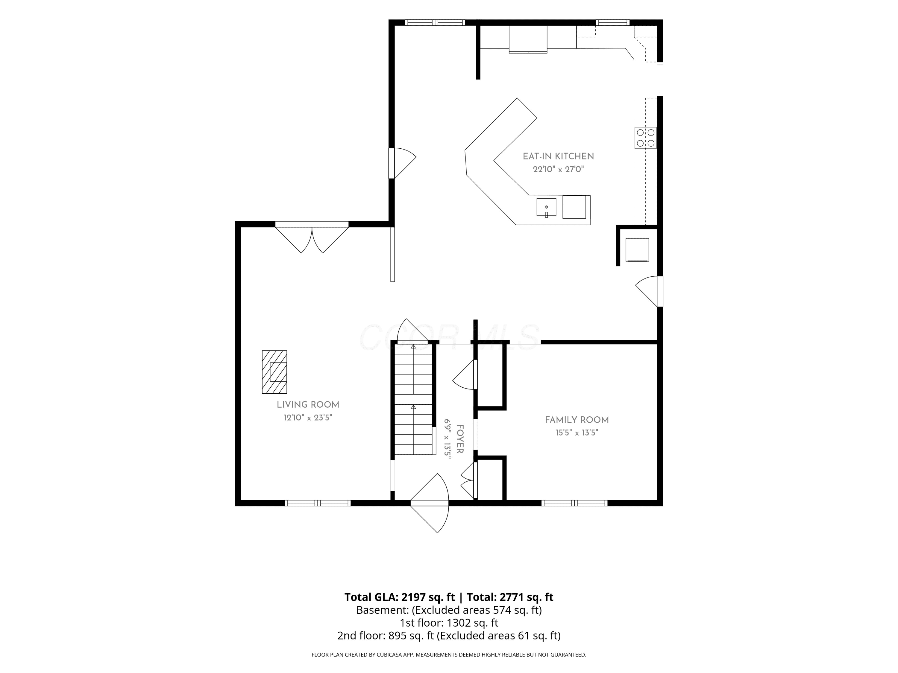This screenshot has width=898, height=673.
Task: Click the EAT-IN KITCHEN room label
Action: [558, 156]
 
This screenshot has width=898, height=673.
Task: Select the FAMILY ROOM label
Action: [577, 420]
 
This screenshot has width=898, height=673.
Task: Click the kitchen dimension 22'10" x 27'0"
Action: [558, 169]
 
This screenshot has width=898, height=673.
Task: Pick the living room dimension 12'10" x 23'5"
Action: [308, 418]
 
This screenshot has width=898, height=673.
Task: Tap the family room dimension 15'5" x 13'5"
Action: [577, 433]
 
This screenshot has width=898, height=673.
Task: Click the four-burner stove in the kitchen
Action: [645, 138]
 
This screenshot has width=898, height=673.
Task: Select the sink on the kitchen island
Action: [546, 208]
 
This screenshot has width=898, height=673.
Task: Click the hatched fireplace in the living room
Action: [274, 372]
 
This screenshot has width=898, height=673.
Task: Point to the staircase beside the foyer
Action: [413, 399]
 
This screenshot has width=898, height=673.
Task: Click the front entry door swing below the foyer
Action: [430, 503]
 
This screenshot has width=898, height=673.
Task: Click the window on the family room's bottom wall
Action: [574, 503]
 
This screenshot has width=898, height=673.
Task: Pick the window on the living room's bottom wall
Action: [318, 503]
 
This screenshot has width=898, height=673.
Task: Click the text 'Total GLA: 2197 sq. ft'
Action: [400, 597]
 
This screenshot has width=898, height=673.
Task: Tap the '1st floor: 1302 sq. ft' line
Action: [449, 623]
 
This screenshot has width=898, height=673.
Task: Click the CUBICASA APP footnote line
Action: [449, 654]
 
